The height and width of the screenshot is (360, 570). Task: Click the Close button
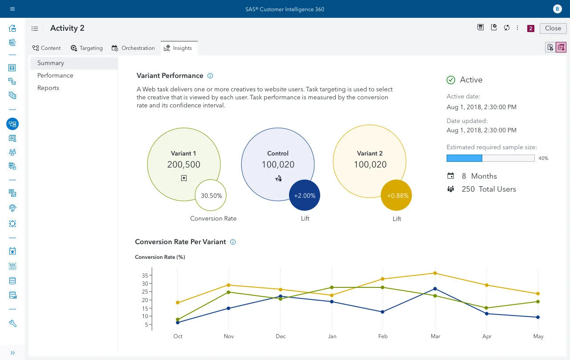[x=553, y=28]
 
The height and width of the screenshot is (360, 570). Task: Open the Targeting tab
[x=87, y=48]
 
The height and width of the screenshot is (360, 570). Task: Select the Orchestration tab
[x=133, y=48]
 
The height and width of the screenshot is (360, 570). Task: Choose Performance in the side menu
[x=55, y=75]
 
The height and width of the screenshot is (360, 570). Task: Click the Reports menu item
[x=48, y=88]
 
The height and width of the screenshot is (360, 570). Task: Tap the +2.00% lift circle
[x=305, y=196]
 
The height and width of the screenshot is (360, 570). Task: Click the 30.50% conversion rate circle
[x=211, y=195]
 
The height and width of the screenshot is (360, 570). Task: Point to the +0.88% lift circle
[x=396, y=196]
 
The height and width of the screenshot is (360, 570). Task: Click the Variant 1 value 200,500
[x=183, y=164]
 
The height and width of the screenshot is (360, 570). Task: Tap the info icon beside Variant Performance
[x=210, y=76]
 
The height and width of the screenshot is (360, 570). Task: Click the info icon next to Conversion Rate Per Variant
[x=233, y=242]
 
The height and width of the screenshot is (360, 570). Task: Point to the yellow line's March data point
[x=435, y=273]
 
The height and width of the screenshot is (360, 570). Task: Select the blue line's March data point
[x=435, y=289]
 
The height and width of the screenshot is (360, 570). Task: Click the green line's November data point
[x=228, y=292]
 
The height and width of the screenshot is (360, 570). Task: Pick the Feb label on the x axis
[x=383, y=336]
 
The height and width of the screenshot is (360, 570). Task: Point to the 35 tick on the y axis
[x=145, y=275]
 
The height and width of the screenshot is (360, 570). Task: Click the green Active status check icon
[x=451, y=80]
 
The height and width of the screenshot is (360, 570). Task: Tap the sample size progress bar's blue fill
[x=464, y=158]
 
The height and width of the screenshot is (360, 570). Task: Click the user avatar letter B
[x=557, y=9]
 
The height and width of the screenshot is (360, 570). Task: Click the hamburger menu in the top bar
[x=12, y=9]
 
